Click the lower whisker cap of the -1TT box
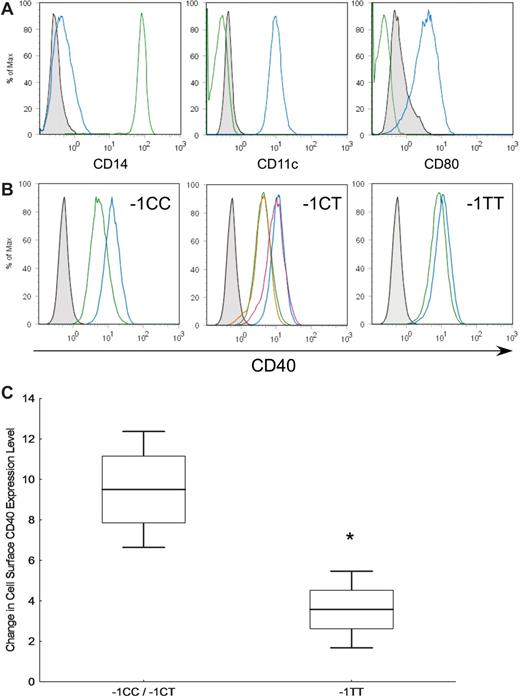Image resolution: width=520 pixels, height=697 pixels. [349, 648]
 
